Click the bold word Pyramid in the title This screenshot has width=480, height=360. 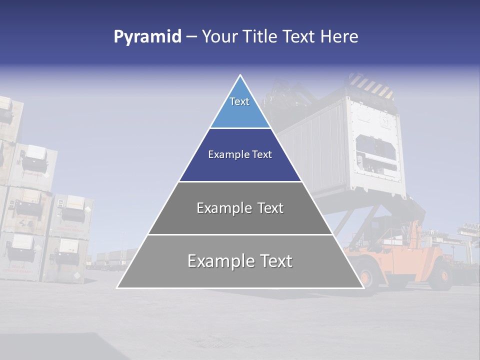point(147,37)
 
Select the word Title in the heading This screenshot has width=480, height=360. point(260,37)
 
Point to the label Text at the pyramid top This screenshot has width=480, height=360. point(239,101)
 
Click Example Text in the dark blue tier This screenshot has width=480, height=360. point(240,154)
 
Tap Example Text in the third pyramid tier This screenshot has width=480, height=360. point(240,208)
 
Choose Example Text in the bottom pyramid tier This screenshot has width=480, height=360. point(240,261)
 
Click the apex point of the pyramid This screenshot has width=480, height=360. point(240,75)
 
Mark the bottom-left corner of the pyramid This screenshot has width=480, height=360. point(117,287)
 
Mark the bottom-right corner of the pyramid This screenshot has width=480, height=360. point(363,287)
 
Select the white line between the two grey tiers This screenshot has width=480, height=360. point(240,234)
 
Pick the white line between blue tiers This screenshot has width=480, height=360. point(240,128)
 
